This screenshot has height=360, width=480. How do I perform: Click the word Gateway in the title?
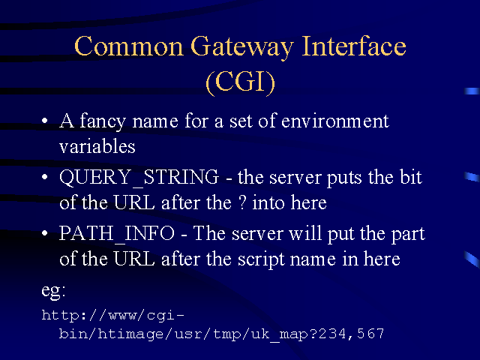(241, 47)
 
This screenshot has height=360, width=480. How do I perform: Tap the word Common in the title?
(128, 46)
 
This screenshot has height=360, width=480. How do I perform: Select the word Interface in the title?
(354, 46)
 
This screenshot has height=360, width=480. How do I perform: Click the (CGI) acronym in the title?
(241, 82)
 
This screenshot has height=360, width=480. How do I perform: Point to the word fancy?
(103, 121)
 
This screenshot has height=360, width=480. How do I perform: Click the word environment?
(335, 121)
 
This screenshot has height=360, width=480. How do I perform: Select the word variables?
(97, 146)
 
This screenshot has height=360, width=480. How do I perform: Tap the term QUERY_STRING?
(139, 178)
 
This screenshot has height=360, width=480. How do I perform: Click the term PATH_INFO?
(117, 234)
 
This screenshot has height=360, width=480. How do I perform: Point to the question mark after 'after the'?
(242, 202)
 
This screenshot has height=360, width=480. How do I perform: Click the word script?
(261, 259)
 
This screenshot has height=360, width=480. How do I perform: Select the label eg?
(53, 290)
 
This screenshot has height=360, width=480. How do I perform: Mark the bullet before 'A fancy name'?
(45, 121)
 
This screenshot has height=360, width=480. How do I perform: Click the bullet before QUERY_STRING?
(45, 177)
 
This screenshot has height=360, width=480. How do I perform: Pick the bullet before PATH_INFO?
(45, 233)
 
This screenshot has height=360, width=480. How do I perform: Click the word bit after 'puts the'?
(411, 177)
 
